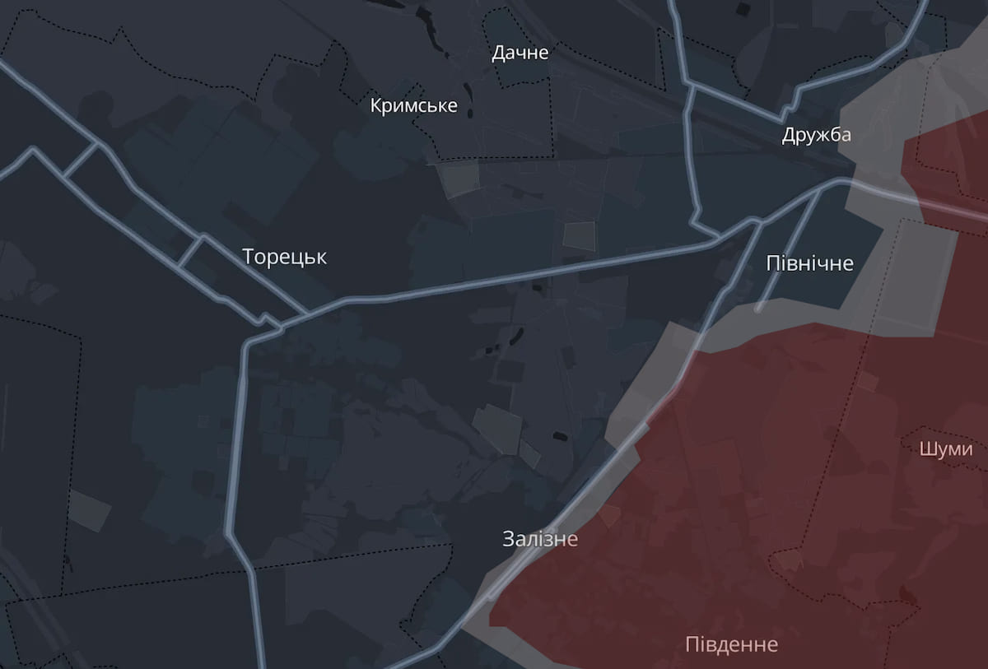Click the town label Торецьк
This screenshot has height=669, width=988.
point(284,257)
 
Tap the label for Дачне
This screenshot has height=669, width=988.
point(520,53)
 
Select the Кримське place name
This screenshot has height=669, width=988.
point(413,106)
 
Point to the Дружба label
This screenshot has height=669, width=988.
point(816,135)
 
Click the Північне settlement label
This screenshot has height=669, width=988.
point(809,263)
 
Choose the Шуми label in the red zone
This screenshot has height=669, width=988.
point(946,449)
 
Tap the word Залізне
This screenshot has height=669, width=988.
point(540,540)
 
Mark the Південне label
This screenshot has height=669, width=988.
point(731,643)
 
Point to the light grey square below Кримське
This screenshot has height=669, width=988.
point(458,179)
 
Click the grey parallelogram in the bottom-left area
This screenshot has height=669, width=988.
point(89,510)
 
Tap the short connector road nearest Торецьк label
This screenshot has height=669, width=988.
point(190,252)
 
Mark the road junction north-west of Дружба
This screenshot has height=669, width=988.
point(690,84)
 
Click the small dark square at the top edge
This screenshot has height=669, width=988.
point(743,8)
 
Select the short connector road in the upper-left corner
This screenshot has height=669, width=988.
point(81,160)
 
